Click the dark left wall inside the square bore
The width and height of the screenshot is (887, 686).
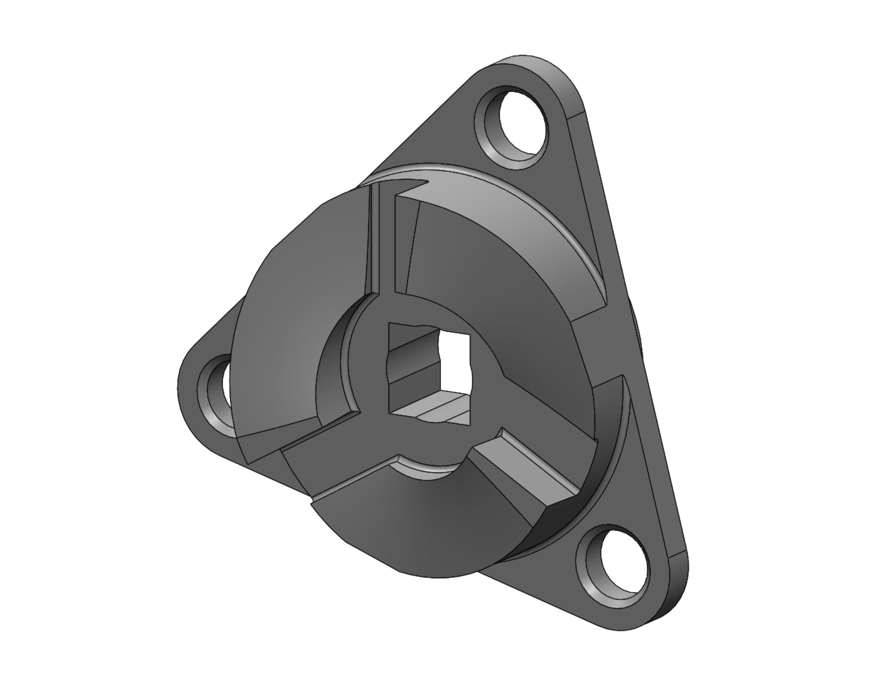pyautogui.click(x=410, y=366)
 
